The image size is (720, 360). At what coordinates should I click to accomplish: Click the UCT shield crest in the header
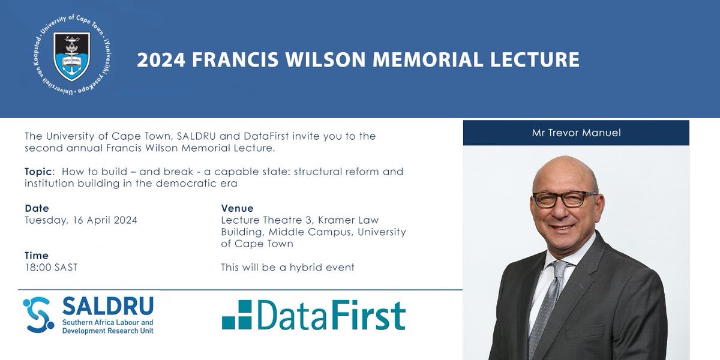71,56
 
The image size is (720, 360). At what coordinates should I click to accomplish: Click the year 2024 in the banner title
161,60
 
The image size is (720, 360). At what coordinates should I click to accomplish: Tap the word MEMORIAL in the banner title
427,60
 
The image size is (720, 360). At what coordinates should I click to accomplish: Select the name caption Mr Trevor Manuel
577,133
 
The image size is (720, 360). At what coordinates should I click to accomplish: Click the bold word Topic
38,172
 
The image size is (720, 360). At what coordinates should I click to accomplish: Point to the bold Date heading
37,208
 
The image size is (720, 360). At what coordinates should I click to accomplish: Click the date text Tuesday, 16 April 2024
81,220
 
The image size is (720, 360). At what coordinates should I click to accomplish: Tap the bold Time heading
37,256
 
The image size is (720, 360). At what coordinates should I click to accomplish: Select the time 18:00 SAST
52,268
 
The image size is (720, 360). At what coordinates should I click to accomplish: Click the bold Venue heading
237,208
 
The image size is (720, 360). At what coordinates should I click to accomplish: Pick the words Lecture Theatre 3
266,220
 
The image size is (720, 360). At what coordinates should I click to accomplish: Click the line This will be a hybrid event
287,268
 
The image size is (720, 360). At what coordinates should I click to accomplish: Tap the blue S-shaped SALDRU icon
38,314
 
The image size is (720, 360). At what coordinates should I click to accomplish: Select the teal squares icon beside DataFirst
237,314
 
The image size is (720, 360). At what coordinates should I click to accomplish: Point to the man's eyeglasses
565,199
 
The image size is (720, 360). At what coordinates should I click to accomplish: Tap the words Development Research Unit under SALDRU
107,331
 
